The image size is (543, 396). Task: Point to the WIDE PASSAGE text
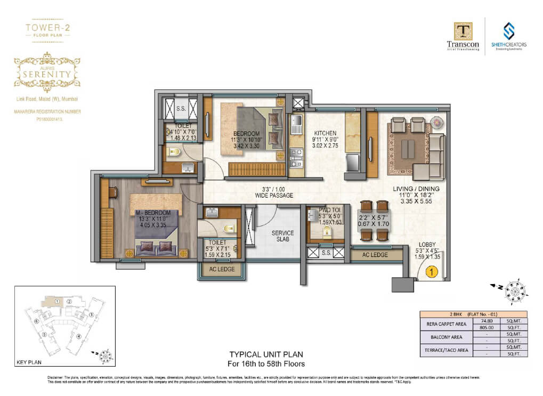274,196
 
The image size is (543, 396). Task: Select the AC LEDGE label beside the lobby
375,255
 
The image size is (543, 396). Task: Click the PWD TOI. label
329,211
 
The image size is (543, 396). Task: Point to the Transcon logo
463,36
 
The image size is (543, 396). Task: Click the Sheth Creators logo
508,36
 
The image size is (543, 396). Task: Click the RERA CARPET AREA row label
443,325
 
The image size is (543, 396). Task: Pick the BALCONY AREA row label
443,337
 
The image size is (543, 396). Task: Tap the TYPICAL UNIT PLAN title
266,354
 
